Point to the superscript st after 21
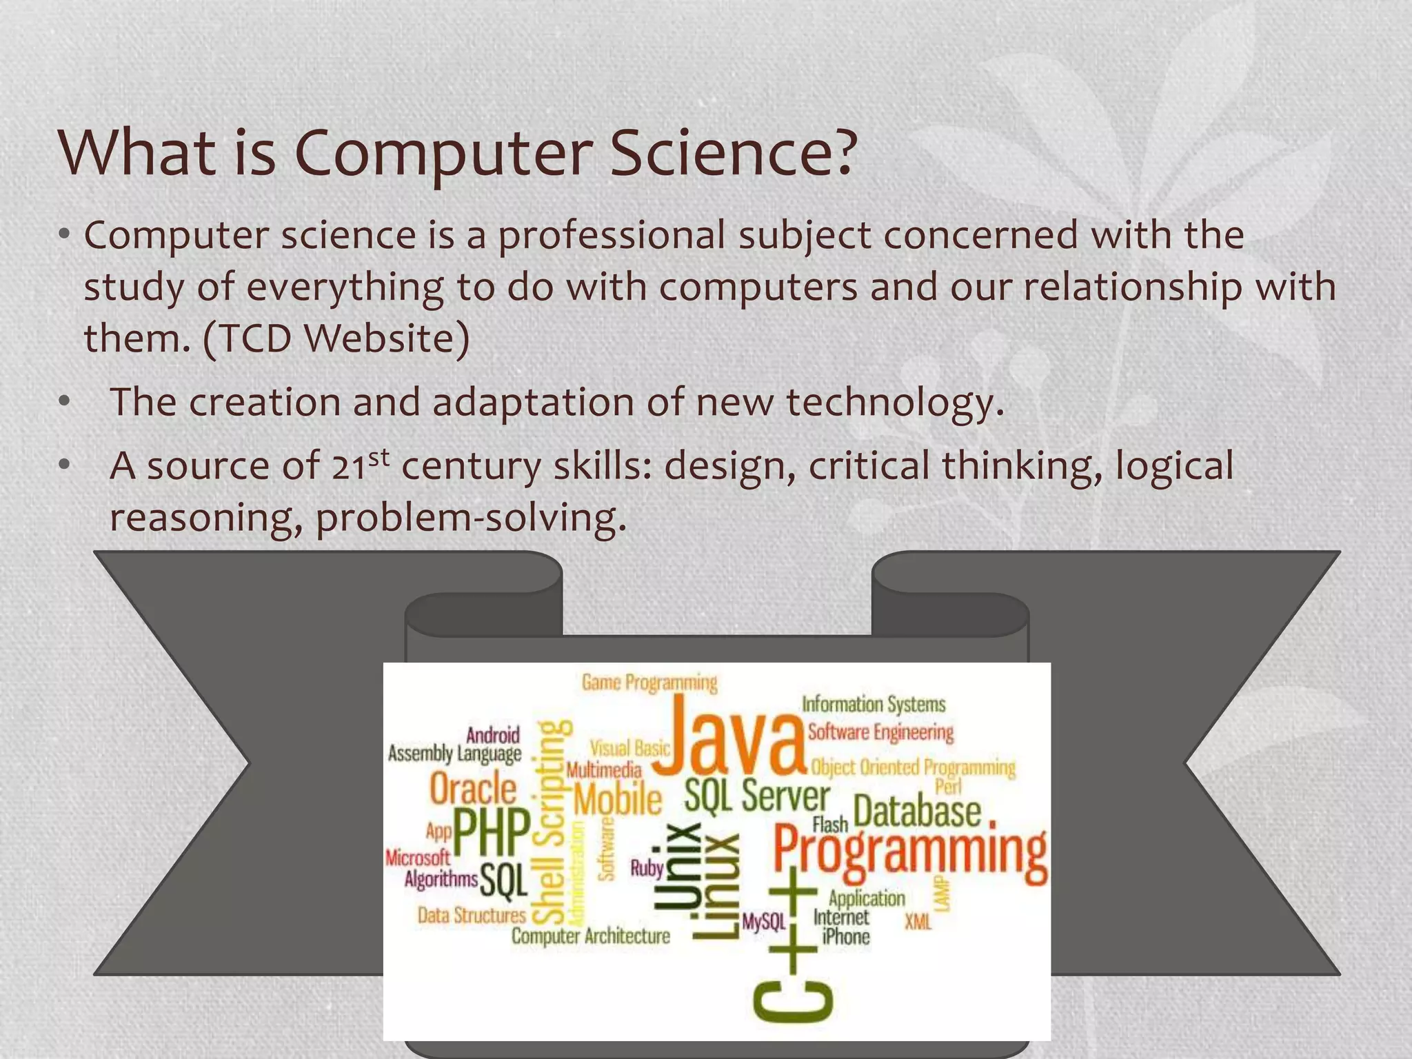click(x=379, y=457)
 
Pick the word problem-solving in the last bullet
click(x=470, y=517)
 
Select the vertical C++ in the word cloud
click(x=793, y=948)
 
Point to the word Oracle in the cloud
click(x=473, y=789)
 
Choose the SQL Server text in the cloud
click(x=757, y=796)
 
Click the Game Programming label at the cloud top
click(x=649, y=683)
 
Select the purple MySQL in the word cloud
click(x=764, y=922)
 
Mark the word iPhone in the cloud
click(x=846, y=936)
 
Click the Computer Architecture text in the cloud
click(x=591, y=936)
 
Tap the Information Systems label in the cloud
click(x=874, y=705)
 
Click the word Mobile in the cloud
click(x=618, y=800)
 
